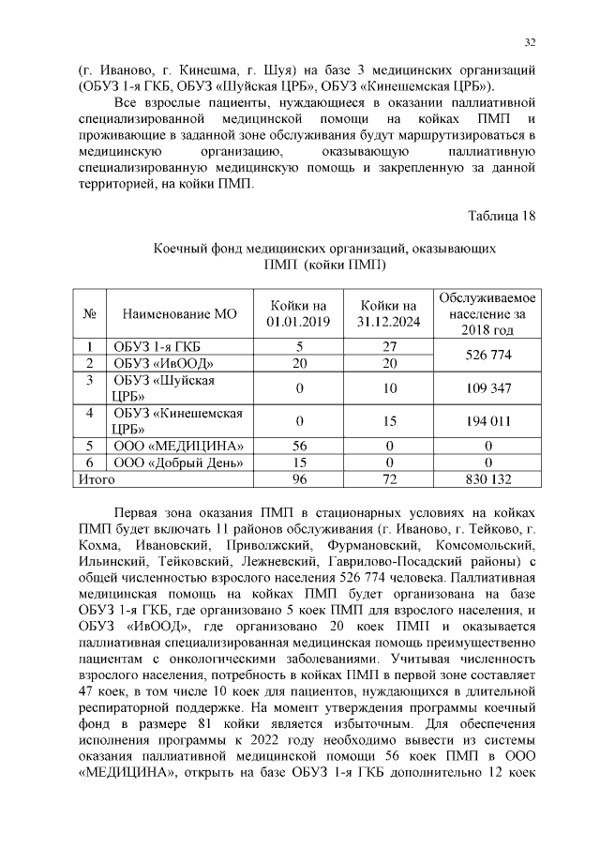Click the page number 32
530,42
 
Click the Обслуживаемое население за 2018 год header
487,314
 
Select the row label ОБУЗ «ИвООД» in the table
151,363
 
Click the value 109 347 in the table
487,387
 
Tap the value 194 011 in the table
487,421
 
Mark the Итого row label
96,479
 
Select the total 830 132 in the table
487,479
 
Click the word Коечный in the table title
180,249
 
